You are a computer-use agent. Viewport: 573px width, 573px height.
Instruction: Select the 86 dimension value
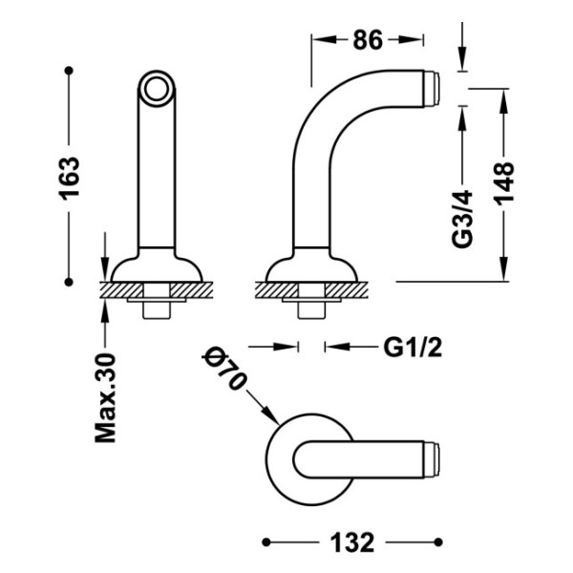[368, 40]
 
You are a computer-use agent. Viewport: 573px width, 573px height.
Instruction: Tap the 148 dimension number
[504, 183]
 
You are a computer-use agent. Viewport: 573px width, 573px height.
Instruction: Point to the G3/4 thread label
[462, 220]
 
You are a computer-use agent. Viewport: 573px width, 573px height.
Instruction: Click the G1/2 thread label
[413, 348]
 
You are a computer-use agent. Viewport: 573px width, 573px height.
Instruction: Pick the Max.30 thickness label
[105, 398]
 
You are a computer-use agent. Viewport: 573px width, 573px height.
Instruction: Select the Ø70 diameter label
[223, 369]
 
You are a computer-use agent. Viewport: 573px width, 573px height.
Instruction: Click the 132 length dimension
[352, 542]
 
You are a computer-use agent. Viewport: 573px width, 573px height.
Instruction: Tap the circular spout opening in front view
[157, 89]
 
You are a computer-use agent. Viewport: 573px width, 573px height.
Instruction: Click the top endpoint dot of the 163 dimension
[69, 70]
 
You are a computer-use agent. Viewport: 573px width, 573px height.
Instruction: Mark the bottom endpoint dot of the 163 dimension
[69, 282]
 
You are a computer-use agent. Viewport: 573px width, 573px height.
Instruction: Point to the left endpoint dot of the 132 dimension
[266, 541]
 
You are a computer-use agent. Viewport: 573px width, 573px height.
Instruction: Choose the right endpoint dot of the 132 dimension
[438, 541]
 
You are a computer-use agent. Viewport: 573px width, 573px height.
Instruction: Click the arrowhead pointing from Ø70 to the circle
[271, 415]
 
